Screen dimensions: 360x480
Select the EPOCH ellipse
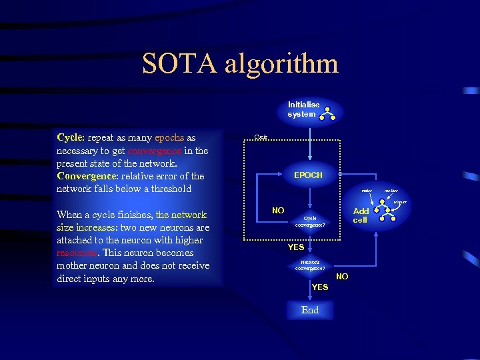tap(308, 175)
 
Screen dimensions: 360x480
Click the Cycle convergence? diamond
tap(310, 221)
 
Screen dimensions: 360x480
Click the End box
tap(310, 310)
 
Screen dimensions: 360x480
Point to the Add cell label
tap(360, 215)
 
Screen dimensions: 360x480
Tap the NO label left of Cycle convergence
tap(279, 211)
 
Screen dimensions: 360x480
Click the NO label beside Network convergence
tap(342, 276)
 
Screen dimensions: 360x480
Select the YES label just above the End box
tap(320, 287)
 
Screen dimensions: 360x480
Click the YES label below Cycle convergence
tap(296, 247)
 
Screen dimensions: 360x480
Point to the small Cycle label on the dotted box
tap(261, 137)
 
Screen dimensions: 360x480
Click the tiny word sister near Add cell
tap(367, 191)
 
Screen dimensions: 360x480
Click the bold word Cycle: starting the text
tap(71, 138)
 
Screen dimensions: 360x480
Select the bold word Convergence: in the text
tap(87, 176)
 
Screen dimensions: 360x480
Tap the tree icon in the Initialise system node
tap(327, 114)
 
